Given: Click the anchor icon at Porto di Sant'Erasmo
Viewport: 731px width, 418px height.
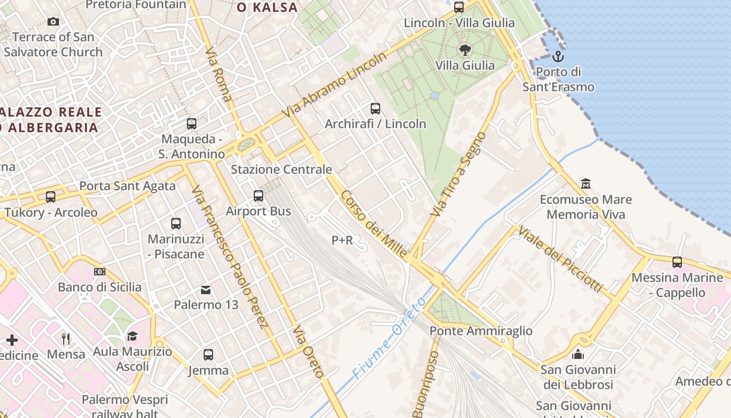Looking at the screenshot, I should tap(558, 56).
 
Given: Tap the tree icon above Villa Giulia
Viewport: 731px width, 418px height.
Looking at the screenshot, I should tap(465, 50).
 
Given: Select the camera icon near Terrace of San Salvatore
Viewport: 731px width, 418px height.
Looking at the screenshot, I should tap(53, 21).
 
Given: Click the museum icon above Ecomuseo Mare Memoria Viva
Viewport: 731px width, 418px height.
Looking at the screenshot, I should tap(585, 184).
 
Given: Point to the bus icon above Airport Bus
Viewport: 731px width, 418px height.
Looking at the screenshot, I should tap(258, 196).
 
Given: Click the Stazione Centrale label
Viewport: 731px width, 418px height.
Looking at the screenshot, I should tap(281, 169).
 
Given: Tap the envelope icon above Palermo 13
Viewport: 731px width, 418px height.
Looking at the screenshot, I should tap(206, 289).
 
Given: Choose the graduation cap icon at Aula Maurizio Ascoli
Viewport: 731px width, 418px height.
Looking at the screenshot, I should tap(132, 336).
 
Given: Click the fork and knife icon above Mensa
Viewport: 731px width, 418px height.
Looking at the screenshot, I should tap(66, 339).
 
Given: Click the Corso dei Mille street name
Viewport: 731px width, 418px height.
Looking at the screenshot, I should tap(373, 224).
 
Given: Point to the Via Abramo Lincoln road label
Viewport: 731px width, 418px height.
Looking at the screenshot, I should tap(334, 85).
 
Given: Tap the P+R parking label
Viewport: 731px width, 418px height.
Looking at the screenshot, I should tap(342, 240).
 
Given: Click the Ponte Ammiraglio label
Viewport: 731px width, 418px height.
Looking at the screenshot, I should tap(481, 331).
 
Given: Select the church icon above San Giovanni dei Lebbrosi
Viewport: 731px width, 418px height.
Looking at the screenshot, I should tap(578, 354).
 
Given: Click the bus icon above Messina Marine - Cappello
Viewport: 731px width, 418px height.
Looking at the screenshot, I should tap(677, 262).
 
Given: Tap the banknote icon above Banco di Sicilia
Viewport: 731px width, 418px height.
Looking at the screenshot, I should tap(100, 272).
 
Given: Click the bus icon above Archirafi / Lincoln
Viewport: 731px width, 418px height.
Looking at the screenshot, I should tap(375, 109).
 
